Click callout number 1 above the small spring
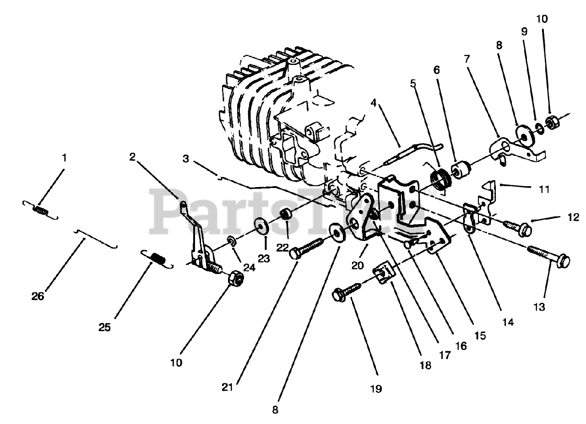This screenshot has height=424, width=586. (x=64, y=158)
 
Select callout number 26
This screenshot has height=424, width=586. (x=38, y=296)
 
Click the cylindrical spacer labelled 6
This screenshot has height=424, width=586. (x=462, y=170)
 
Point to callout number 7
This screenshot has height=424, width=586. (x=467, y=59)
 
